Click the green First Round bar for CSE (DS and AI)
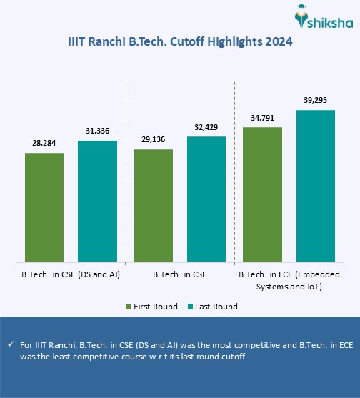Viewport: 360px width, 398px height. [44, 207]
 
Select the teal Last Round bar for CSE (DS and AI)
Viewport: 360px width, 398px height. [97, 201]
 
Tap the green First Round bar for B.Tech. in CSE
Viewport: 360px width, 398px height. [154, 205]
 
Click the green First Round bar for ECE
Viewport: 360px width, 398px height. [263, 194]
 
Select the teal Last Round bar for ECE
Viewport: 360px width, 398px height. [316, 186]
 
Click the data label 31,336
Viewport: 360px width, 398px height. [97, 131]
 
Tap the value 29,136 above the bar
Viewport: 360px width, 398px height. [154, 140]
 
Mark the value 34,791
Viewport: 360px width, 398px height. [263, 118]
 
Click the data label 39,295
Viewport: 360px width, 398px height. [316, 101]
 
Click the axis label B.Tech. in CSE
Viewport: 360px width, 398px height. [180, 274]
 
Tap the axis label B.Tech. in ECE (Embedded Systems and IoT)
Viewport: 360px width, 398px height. [289, 279]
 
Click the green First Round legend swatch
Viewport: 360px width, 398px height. [128, 307]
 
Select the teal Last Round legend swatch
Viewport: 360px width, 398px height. [191, 307]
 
